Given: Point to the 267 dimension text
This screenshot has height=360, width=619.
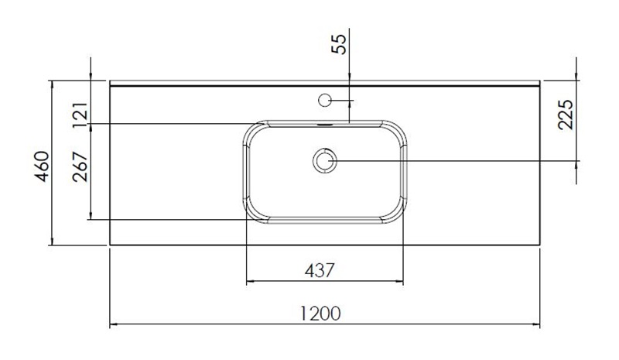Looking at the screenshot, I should (80, 166).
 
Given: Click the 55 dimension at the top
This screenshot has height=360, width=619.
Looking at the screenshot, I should (339, 43).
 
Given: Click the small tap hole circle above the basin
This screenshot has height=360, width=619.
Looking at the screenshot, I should (325, 99).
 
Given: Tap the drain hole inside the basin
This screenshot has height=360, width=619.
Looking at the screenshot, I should (325, 160).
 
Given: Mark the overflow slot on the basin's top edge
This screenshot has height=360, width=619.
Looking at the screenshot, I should (325, 122).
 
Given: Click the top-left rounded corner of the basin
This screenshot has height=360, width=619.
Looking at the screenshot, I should (256, 131).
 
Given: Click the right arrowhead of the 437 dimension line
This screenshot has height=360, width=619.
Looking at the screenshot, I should (401, 281).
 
